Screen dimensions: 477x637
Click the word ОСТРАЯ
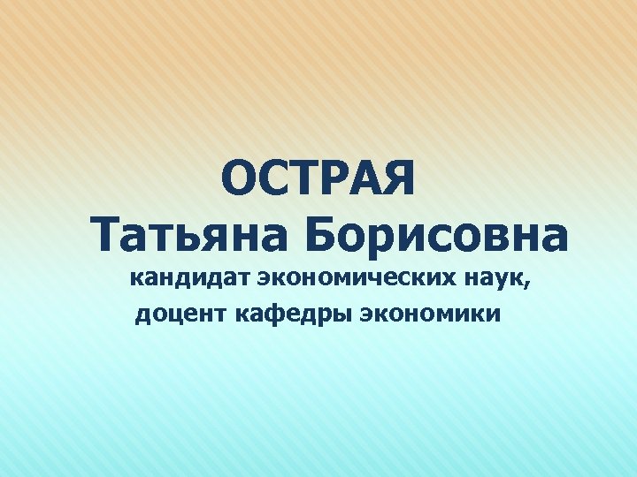coord(318,178)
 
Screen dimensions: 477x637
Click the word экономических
coord(357,281)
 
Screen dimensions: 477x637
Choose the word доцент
coord(182,314)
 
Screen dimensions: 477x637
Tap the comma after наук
coord(531,286)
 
